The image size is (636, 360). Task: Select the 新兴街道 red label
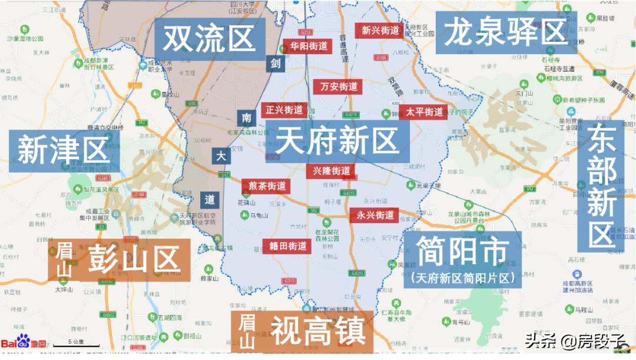pyautogui.click(x=380, y=30)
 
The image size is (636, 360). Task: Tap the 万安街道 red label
pyautogui.click(x=339, y=87)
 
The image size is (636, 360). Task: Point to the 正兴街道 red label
pyautogui.click(x=284, y=110)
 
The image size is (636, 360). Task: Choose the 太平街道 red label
pyautogui.click(x=424, y=112)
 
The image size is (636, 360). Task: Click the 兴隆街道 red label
pyautogui.click(x=331, y=171)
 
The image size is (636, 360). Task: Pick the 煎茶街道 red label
pyautogui.click(x=267, y=186)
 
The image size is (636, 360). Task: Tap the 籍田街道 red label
pyautogui.click(x=288, y=246)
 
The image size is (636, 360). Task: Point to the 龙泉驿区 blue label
pyautogui.click(x=506, y=33)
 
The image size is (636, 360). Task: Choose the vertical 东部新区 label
pyautogui.click(x=602, y=186)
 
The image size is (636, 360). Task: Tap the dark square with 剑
pyautogui.click(x=275, y=63)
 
